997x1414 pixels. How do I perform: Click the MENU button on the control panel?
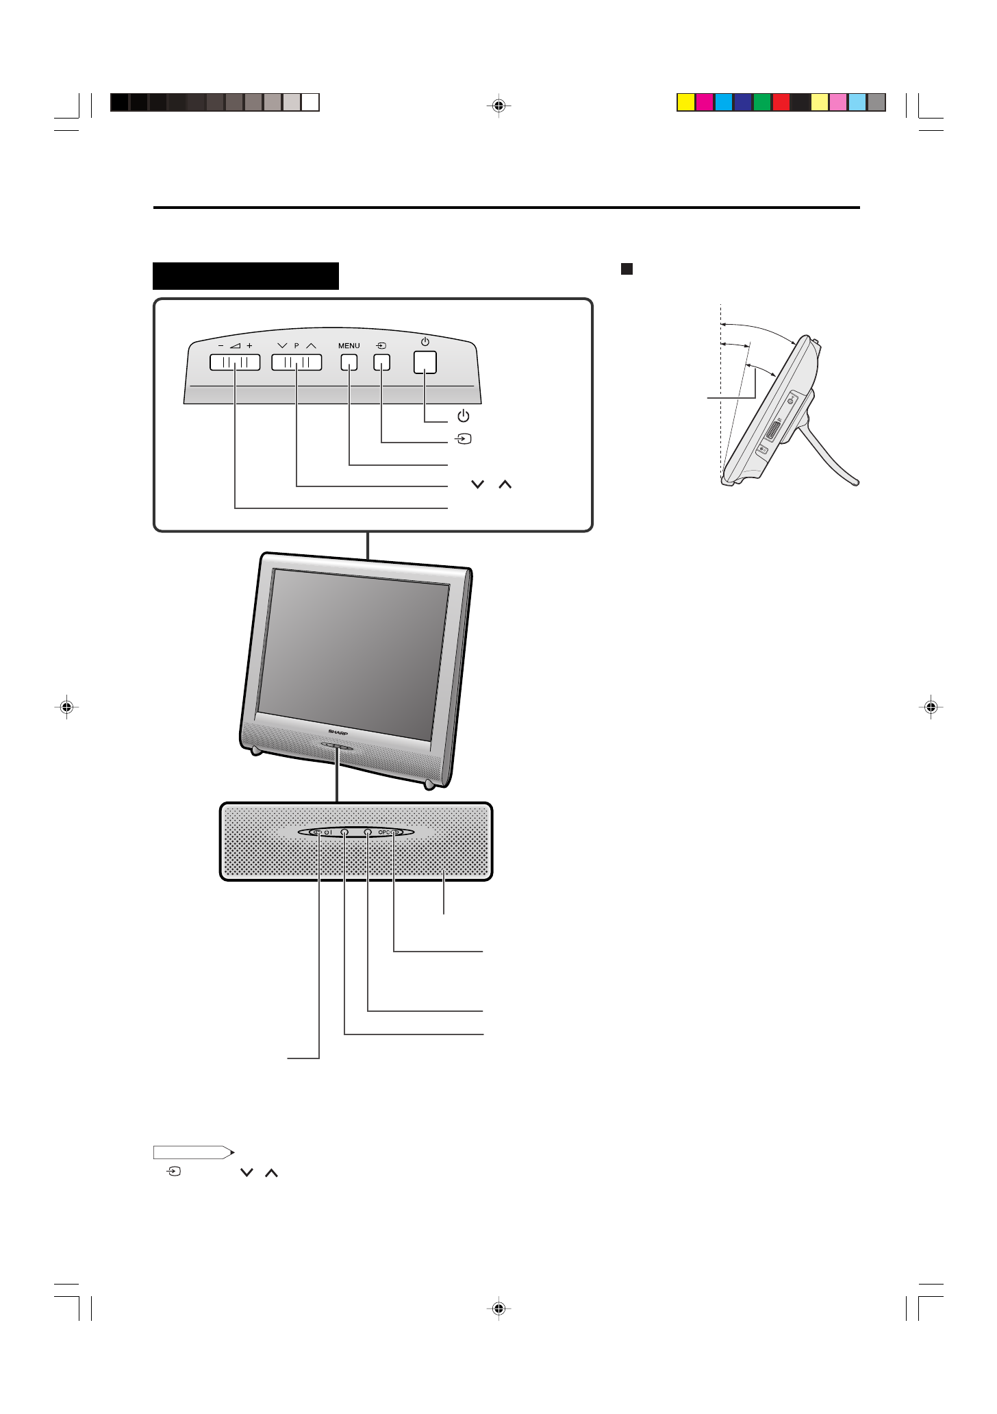(349, 362)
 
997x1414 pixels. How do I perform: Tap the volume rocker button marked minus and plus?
(235, 362)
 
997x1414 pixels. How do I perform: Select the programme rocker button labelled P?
(296, 362)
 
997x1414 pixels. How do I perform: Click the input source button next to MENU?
(381, 362)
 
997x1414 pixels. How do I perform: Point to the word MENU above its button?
(349, 346)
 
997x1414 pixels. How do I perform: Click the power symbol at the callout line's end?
(464, 416)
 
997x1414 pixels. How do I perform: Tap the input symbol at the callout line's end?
(464, 438)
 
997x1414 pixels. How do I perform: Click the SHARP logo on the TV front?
(338, 732)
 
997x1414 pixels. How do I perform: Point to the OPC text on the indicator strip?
(385, 832)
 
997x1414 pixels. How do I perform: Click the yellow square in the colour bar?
(685, 103)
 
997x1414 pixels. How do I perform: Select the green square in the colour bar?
(762, 103)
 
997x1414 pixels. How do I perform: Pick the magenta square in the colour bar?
(705, 103)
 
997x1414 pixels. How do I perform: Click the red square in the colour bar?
(781, 103)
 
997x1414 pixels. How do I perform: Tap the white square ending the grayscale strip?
(311, 103)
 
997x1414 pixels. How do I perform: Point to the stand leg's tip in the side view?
(856, 482)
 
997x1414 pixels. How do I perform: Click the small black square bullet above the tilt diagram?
(627, 269)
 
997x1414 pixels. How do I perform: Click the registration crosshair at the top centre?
(499, 106)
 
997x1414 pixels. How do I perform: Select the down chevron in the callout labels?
(477, 484)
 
